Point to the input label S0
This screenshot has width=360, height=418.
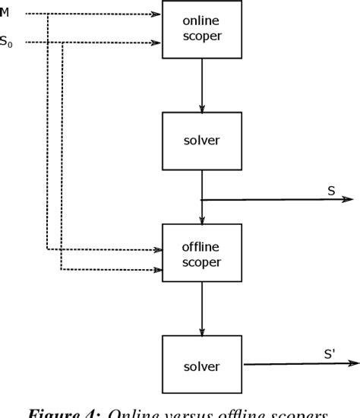click(7, 43)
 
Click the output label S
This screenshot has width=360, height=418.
click(331, 191)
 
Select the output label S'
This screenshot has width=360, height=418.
click(329, 353)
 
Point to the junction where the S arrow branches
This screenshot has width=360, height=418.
click(201, 201)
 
